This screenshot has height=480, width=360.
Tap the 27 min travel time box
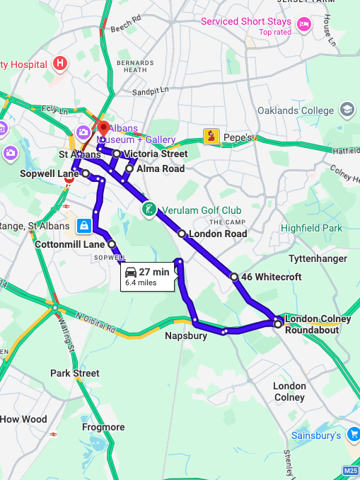(147, 276)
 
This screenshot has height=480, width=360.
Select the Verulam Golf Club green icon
(149, 210)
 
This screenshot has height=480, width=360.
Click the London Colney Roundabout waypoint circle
(277, 324)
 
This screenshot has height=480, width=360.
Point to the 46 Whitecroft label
(271, 277)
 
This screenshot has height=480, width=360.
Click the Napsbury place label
(186, 336)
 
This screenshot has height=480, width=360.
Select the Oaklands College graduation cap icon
(347, 110)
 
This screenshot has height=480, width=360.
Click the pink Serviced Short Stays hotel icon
(305, 25)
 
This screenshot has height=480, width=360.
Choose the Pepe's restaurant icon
(211, 136)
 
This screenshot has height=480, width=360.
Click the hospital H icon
(61, 64)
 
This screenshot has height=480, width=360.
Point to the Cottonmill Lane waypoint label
(69, 244)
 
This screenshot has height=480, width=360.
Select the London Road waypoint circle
(182, 234)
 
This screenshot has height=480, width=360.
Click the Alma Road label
(160, 168)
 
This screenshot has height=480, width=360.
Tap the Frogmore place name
(103, 427)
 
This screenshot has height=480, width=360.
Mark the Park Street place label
(74, 373)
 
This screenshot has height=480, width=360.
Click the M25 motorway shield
(350, 471)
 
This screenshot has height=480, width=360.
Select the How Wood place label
(23, 419)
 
